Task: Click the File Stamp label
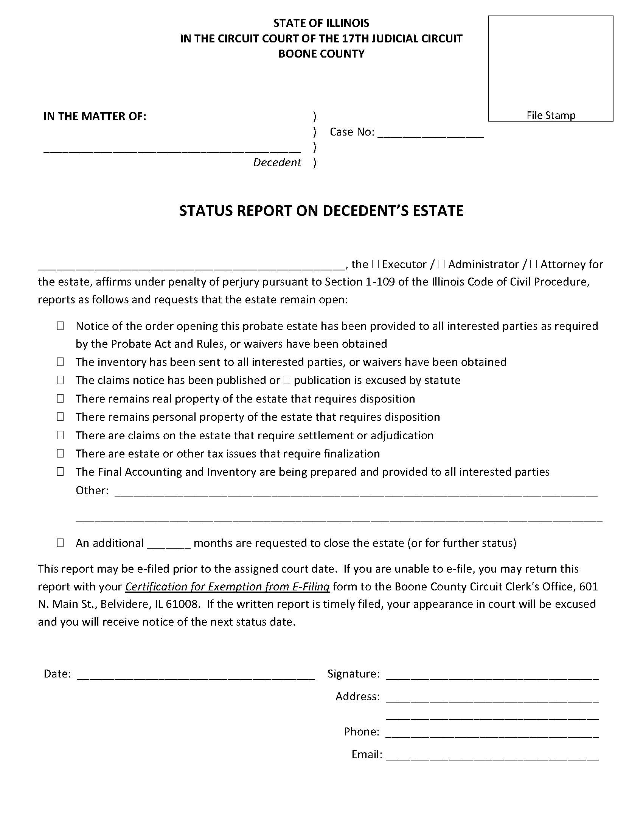click(550, 116)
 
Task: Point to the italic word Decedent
click(277, 162)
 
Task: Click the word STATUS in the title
click(202, 211)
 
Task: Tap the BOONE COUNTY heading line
click(321, 54)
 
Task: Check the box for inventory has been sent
click(60, 362)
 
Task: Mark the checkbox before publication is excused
click(287, 380)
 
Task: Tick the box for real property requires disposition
click(60, 398)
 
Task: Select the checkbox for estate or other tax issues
click(60, 453)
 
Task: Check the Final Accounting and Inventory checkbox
click(60, 471)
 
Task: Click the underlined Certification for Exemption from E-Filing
click(227, 587)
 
